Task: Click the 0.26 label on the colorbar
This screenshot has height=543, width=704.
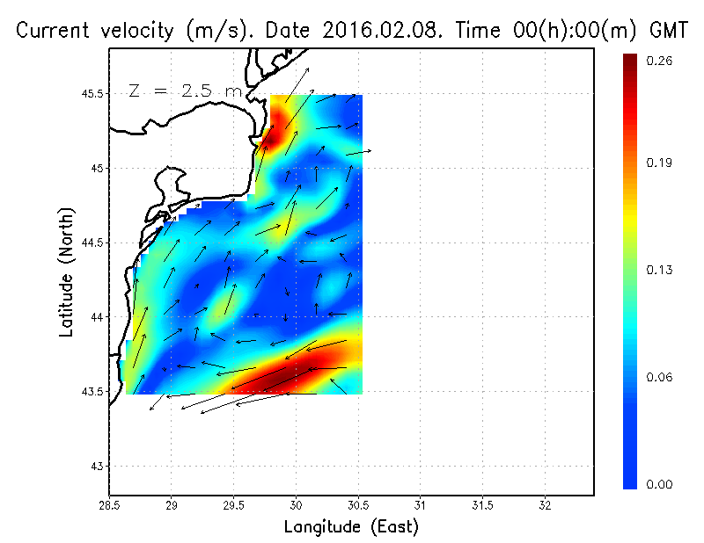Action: (x=660, y=61)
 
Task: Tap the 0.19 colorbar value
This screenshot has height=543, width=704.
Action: (x=660, y=163)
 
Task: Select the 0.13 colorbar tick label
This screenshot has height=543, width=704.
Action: (x=660, y=270)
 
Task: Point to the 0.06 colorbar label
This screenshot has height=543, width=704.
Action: (x=660, y=378)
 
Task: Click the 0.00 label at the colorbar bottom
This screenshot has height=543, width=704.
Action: (x=660, y=484)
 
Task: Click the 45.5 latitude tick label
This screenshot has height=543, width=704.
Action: (x=91, y=93)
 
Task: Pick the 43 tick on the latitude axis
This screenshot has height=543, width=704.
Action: (x=97, y=466)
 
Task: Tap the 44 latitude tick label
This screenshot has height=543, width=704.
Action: (x=97, y=316)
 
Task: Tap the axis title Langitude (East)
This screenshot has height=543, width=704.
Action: (x=351, y=527)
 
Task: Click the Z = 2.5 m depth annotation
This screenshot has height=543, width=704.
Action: (x=183, y=90)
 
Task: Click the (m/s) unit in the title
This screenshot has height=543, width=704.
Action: (x=213, y=30)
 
